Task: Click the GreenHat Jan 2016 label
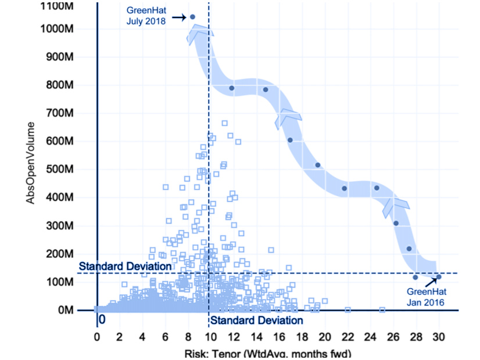coord(425,297)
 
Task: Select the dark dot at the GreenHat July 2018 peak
coord(192,17)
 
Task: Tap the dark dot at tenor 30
coord(439,277)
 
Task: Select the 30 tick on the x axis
coord(439,337)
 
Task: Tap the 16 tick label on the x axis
coord(280,337)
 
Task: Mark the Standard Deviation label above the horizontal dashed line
coord(125,267)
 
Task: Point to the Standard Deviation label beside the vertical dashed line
coord(256,321)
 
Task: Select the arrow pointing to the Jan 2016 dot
coord(431,282)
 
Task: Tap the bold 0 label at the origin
coord(101,319)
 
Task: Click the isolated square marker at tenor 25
coord(382,310)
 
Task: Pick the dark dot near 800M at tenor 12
coord(231,88)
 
